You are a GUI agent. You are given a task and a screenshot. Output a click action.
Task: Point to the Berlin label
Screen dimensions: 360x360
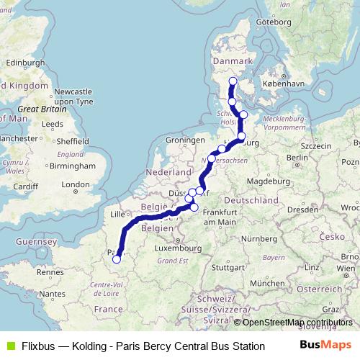(x=297, y=157)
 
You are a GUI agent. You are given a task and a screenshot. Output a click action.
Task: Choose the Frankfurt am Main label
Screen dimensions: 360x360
(x=220, y=217)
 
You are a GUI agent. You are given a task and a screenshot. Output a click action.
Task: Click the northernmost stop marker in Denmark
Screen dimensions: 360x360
(x=233, y=81)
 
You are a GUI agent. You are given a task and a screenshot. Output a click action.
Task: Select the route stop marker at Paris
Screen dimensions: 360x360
(x=117, y=259)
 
